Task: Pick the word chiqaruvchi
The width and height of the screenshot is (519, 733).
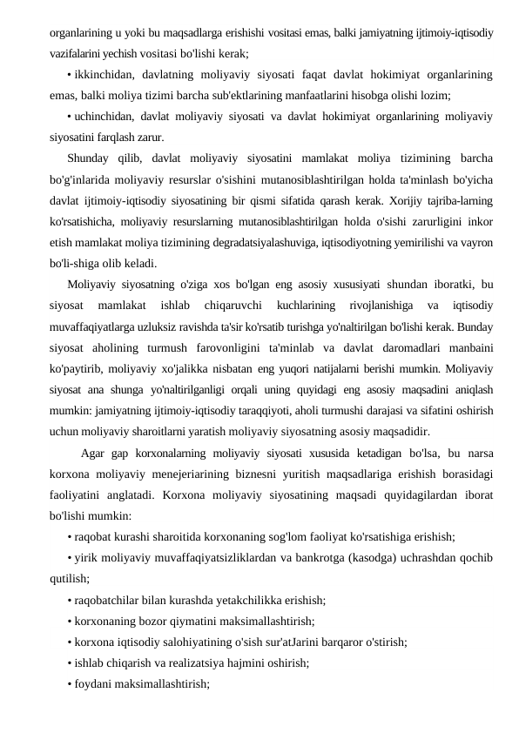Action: pyautogui.click(x=228, y=305)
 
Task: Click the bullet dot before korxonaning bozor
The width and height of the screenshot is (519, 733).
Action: pyautogui.click(x=70, y=621)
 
